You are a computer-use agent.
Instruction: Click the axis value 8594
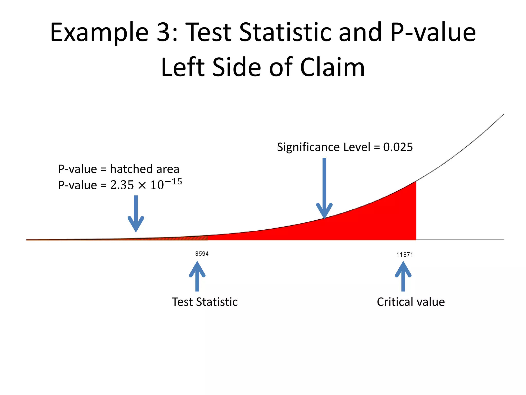pos(202,254)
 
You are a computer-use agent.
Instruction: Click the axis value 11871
pos(405,255)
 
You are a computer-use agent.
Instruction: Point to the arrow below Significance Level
pos(324,188)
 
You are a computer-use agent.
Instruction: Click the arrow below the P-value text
pos(136,213)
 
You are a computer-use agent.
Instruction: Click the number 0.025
pos(398,147)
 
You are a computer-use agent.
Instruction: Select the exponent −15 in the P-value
pos(173,182)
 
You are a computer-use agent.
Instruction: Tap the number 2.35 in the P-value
pos(122,185)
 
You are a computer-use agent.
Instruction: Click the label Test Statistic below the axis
pos(205,302)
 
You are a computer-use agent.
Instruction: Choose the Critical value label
pos(411,302)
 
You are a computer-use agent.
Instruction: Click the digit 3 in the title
pos(164,32)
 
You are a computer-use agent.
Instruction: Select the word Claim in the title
pos(332,67)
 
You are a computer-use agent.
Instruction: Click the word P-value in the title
pos(433,32)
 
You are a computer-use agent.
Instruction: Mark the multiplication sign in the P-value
pos(142,185)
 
